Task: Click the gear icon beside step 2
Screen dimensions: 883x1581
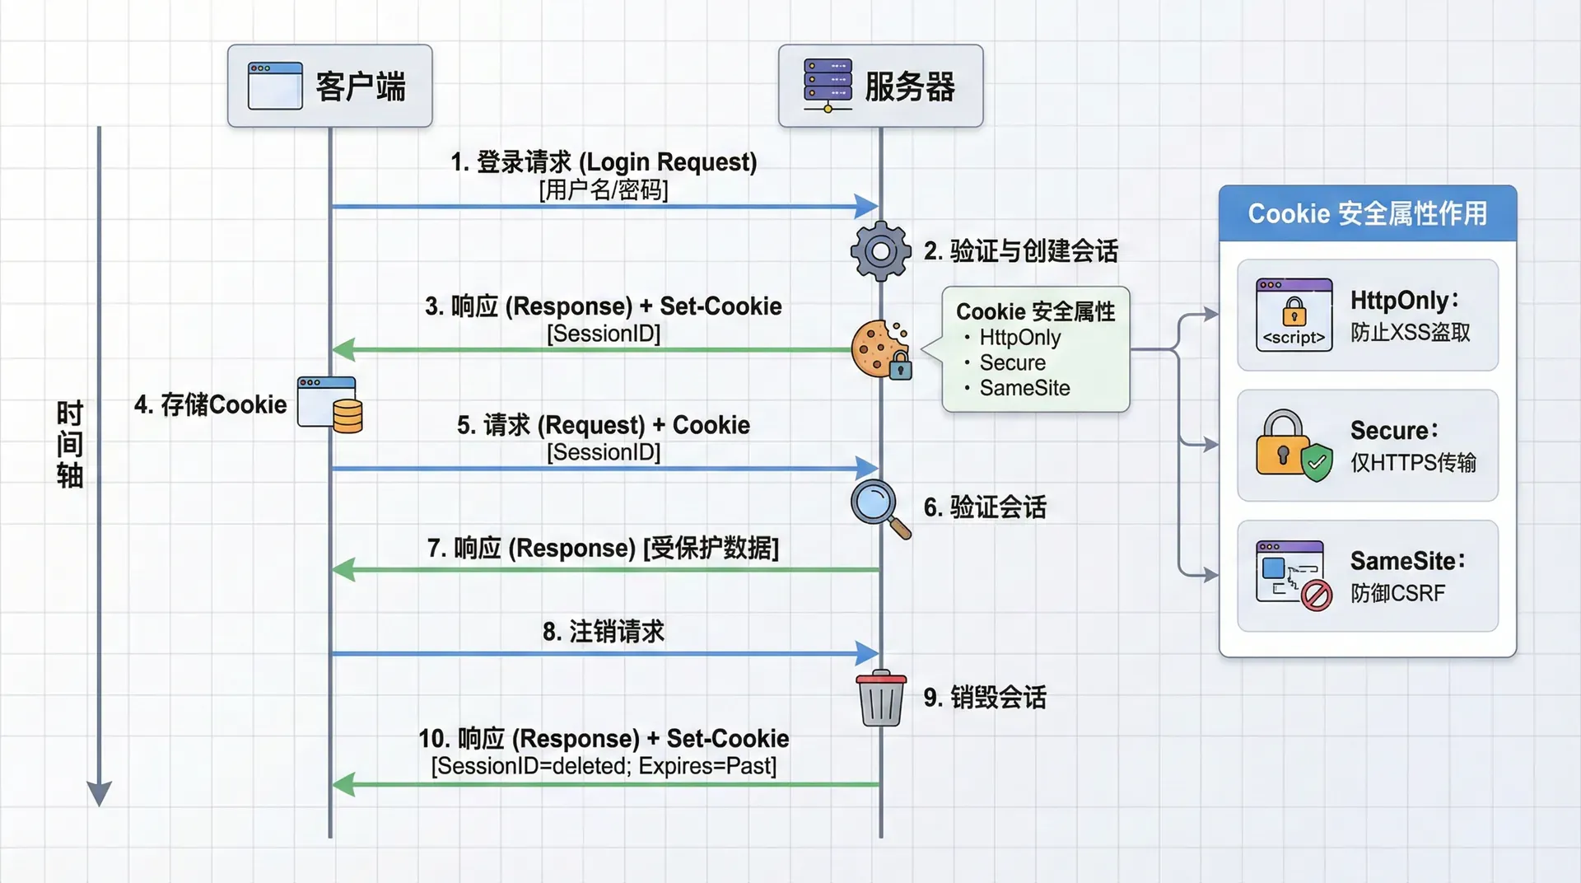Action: (880, 250)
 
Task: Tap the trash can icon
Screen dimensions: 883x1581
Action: (881, 698)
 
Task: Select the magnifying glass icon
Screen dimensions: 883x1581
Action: (879, 507)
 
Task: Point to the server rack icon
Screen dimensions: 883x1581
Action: (828, 85)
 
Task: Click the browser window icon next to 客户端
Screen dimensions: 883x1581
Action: (275, 86)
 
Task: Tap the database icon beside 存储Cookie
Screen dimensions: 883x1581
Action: (347, 416)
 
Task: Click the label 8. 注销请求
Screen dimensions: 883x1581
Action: (604, 632)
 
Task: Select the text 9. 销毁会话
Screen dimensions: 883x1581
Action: (985, 698)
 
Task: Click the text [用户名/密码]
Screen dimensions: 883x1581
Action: (604, 190)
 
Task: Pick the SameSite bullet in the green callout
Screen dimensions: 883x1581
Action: (1024, 388)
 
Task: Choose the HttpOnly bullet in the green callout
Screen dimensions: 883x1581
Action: (1019, 338)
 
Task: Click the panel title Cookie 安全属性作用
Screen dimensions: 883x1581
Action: (1367, 214)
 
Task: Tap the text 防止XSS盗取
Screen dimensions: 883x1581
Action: (1410, 333)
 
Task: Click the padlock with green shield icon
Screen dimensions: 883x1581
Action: (1294, 446)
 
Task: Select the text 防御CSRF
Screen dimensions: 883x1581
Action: (1397, 593)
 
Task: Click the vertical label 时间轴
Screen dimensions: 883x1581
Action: (70, 444)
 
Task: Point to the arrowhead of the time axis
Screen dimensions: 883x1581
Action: (99, 794)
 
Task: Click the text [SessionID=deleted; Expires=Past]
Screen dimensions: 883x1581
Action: (604, 766)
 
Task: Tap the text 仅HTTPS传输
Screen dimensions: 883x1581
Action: (1413, 463)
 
